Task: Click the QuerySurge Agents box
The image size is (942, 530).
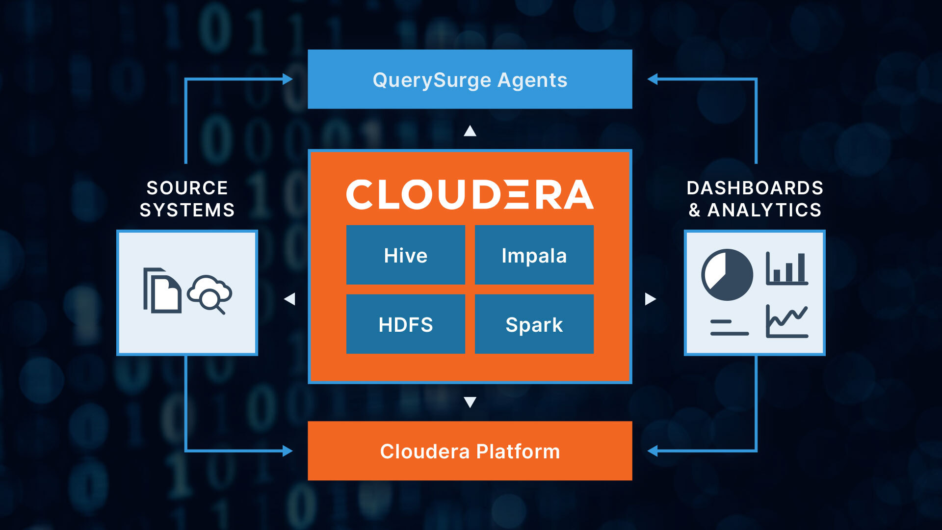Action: tap(470, 79)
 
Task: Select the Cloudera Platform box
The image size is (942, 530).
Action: tap(470, 451)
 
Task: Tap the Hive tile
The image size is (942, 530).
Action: tap(405, 255)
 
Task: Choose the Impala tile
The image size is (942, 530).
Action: tap(534, 255)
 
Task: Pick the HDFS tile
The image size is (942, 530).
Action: tap(405, 324)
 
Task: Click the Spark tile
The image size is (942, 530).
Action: tap(534, 324)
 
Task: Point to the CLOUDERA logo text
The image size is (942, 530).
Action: tap(470, 194)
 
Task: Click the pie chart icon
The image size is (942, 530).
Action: tap(727, 275)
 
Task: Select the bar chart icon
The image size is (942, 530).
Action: tap(786, 269)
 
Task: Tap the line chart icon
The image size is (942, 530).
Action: tap(786, 321)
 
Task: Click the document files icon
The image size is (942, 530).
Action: tap(162, 291)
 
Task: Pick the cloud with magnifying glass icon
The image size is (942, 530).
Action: tap(210, 293)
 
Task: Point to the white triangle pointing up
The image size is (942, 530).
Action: tap(470, 131)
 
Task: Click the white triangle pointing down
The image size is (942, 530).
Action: tap(470, 402)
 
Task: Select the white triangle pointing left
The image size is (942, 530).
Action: tap(290, 299)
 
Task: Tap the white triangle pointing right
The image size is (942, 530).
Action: tap(650, 299)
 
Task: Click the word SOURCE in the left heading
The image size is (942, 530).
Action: tap(187, 188)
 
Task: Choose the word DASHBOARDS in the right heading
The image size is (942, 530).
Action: tap(755, 188)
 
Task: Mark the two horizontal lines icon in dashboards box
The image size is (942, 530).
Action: tap(729, 328)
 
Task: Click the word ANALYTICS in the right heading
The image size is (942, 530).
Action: tap(764, 210)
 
